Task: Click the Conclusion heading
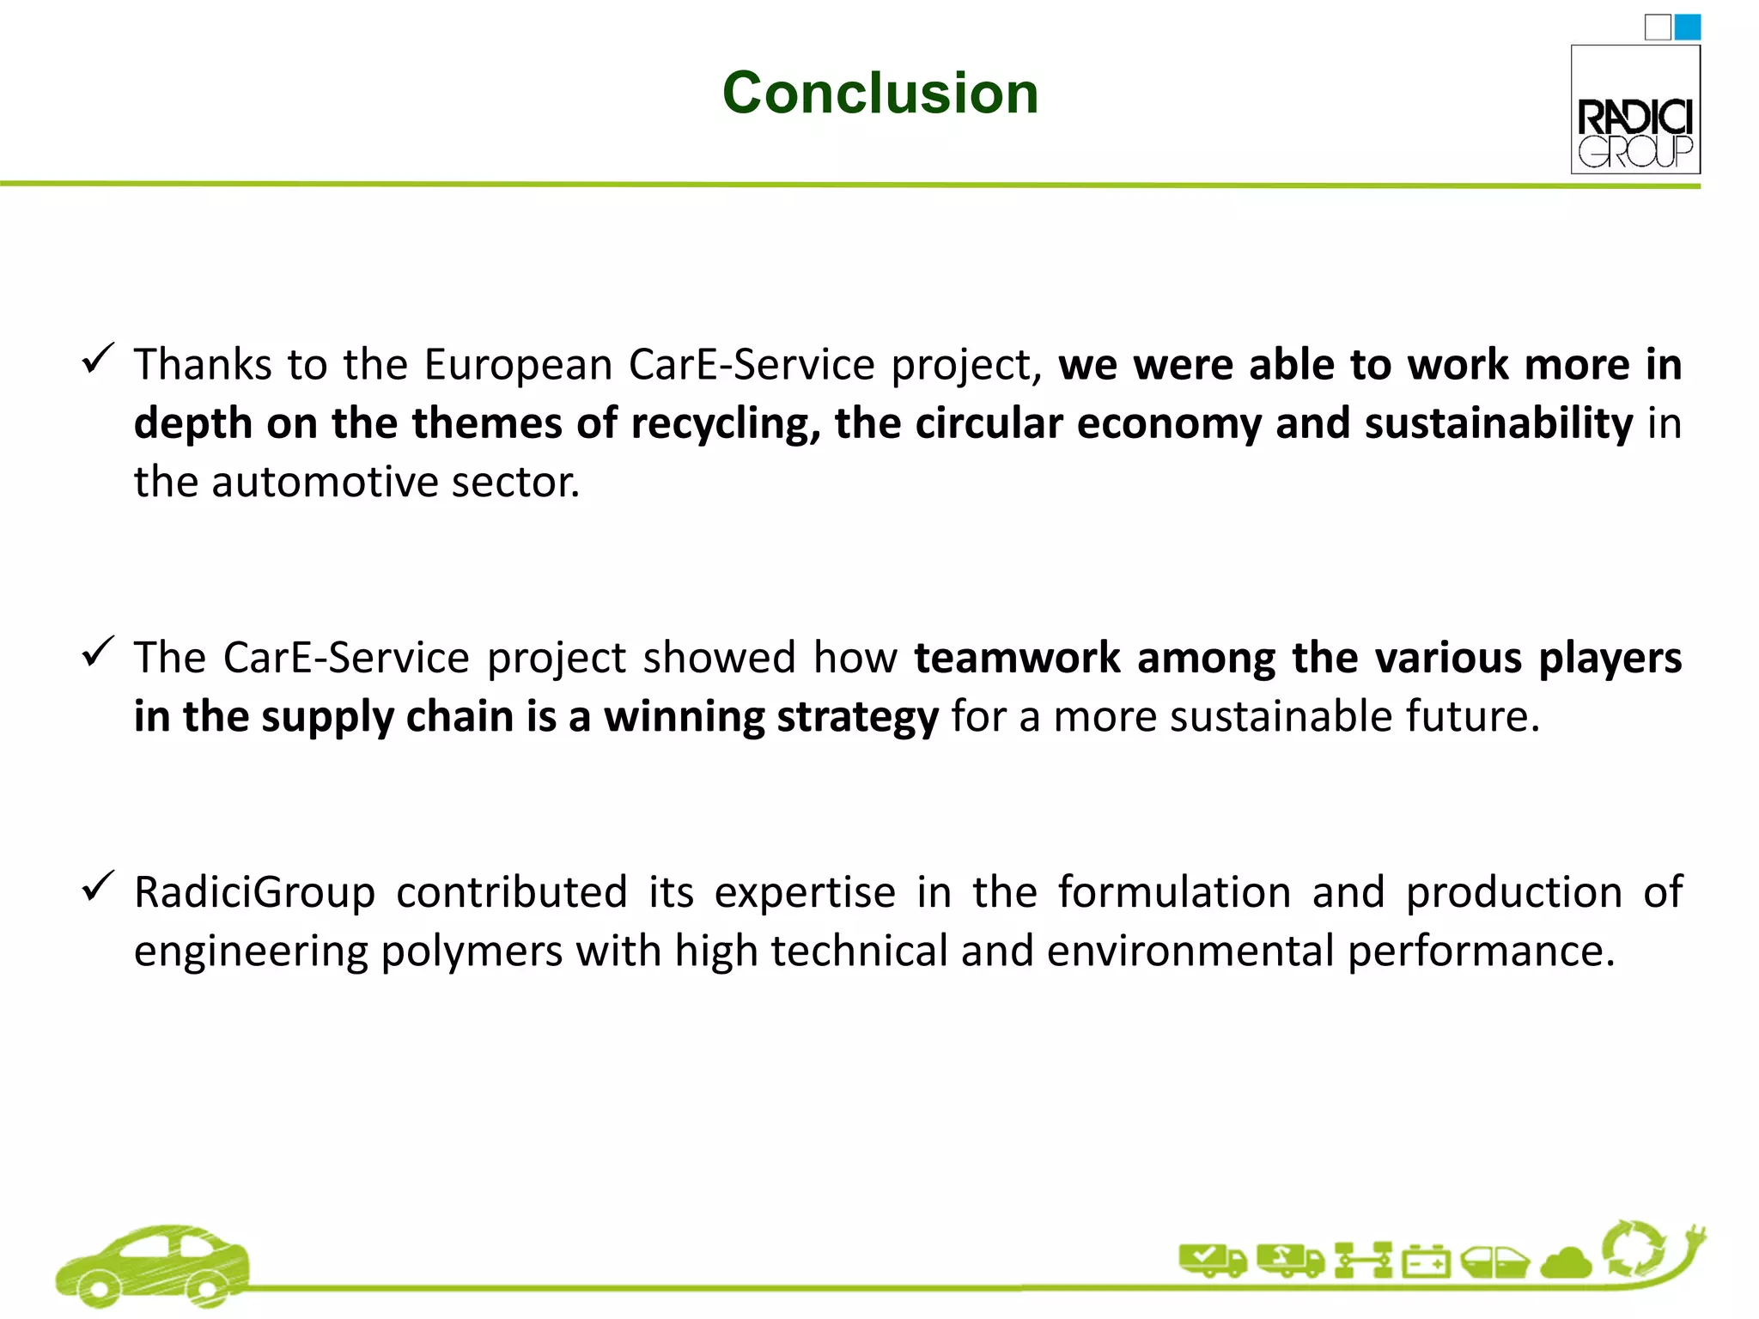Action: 879,93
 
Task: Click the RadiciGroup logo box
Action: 1635,110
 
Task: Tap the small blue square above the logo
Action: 1688,27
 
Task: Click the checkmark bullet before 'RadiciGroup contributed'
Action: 98,886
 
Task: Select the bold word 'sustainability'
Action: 1499,424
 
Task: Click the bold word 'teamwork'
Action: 1017,659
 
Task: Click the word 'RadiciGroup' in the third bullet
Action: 255,892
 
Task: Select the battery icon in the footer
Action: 1426,1262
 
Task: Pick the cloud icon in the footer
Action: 1567,1263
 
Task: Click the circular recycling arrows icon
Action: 1634,1249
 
